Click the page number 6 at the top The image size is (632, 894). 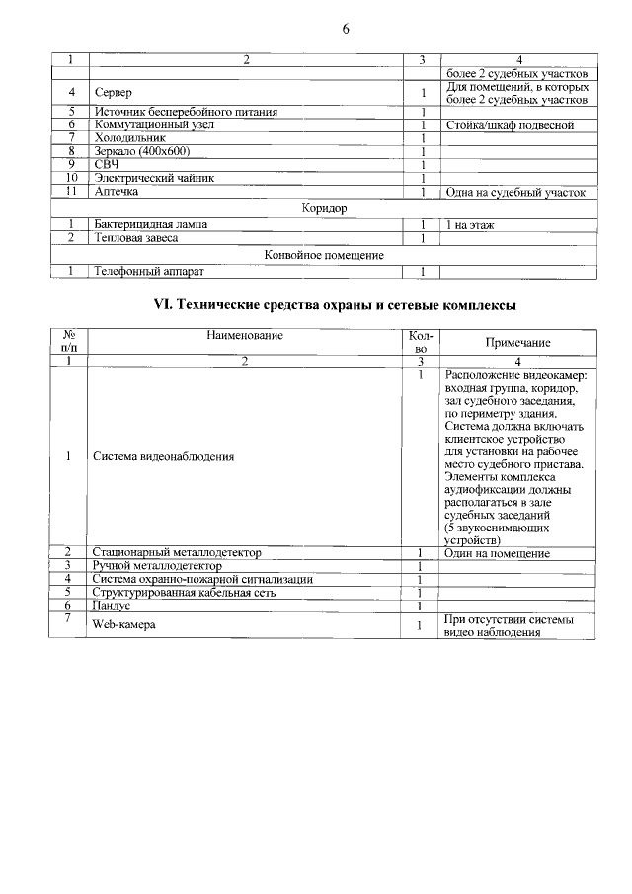(x=346, y=28)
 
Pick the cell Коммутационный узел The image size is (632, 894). (x=151, y=125)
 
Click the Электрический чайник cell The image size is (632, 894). (x=153, y=178)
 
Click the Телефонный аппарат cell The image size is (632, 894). (x=148, y=271)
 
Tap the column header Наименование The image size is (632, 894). (x=245, y=336)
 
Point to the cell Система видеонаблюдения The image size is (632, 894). (x=163, y=457)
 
